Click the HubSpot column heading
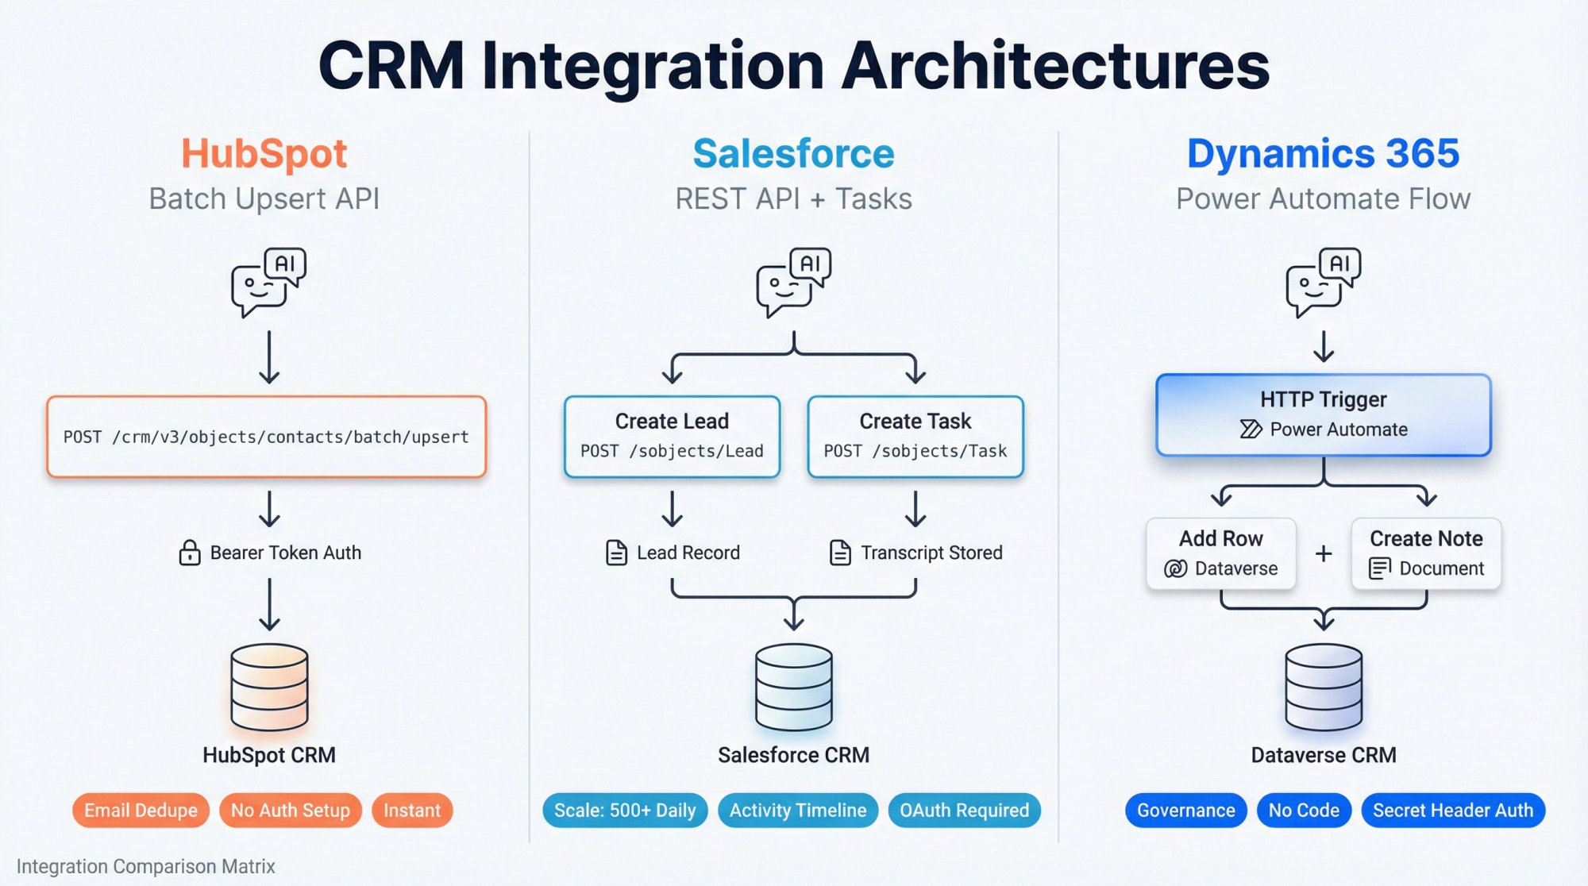point(264,154)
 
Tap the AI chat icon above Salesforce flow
point(793,283)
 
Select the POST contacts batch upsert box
point(266,437)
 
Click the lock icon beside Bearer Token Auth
point(190,553)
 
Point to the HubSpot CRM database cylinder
point(269,688)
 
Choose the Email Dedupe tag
point(141,811)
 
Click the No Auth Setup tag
point(290,811)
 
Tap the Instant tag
point(411,811)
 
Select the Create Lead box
point(672,437)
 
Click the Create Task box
point(915,437)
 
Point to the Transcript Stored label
point(931,553)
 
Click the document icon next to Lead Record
point(616,553)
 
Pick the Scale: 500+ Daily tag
point(625,811)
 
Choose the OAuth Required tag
point(964,811)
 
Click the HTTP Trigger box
point(1323,415)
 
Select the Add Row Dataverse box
point(1220,553)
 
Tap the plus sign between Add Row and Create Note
point(1324,553)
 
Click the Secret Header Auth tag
point(1452,811)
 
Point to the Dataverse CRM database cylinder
point(1324,688)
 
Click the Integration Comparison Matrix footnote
point(146,866)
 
